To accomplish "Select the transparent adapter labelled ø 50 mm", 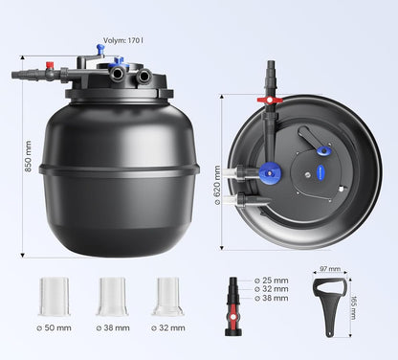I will pyautogui.click(x=55, y=297).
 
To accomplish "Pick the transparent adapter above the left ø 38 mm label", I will pyautogui.click(x=112, y=297).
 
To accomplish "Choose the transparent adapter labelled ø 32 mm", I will pyautogui.click(x=167, y=297).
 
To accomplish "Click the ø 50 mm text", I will pyautogui.click(x=55, y=328).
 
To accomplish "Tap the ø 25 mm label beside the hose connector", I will pyautogui.click(x=271, y=280).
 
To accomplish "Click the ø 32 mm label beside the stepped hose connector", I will pyautogui.click(x=271, y=289).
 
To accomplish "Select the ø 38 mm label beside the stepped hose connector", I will pyautogui.click(x=271, y=299).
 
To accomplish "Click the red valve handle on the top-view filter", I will pyautogui.click(x=271, y=99).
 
